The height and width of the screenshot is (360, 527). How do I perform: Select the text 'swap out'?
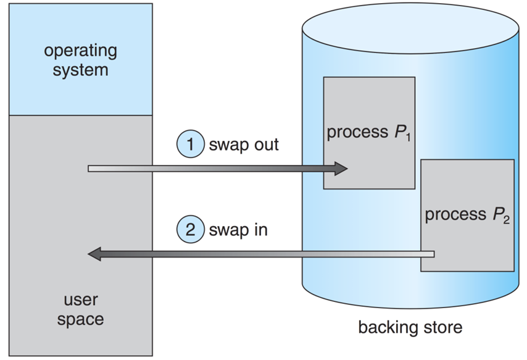pos(244,145)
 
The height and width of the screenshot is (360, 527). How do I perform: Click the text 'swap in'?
pos(238,230)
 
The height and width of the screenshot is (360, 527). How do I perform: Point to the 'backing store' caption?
pos(410,327)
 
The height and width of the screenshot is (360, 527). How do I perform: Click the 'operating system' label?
pos(80,60)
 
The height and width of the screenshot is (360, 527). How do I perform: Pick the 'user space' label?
pos(80,311)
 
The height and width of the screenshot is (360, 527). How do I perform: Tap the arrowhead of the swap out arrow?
pos(341,168)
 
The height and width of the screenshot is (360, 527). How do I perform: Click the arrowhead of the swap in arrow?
pos(94,253)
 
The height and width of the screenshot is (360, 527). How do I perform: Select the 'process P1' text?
pos(368,133)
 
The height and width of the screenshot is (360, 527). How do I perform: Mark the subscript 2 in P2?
pos(506,220)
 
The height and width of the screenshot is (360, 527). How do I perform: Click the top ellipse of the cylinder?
pos(410,25)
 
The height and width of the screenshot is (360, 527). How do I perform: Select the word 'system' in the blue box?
pos(80,70)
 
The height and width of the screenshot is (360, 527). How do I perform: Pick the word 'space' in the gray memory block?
pos(80,320)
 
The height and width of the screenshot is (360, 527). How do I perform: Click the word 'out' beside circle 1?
pos(265,145)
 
